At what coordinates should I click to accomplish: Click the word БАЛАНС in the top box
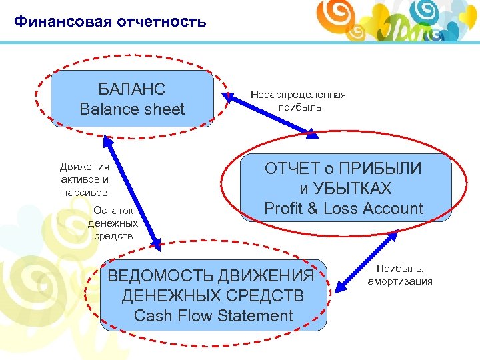(x=132, y=89)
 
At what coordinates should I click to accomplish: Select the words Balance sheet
(x=132, y=109)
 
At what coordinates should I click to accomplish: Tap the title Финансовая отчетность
(x=110, y=22)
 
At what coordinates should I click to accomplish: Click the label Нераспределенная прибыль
(x=298, y=101)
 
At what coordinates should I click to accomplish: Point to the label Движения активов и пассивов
(x=84, y=179)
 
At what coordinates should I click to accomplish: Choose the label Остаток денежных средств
(x=113, y=223)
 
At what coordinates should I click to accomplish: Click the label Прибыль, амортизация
(x=400, y=275)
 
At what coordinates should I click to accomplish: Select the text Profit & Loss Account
(x=343, y=209)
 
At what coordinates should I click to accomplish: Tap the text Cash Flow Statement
(x=213, y=315)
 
